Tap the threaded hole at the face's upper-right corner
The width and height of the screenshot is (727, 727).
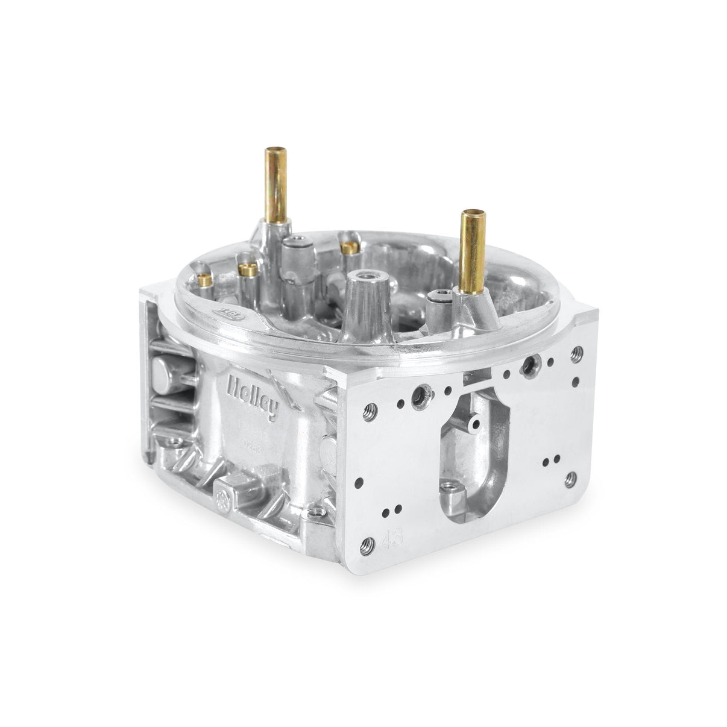(579, 350)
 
